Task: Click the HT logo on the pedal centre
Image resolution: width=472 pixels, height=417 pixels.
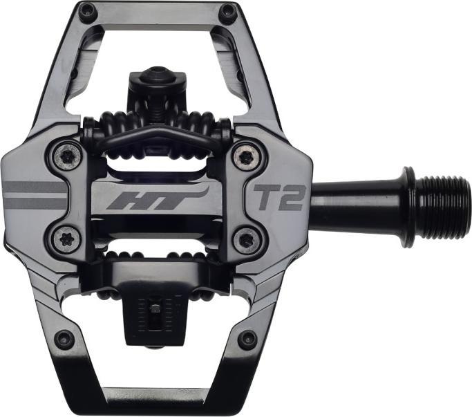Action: click(x=157, y=199)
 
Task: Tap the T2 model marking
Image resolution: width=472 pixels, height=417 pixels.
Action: click(x=279, y=198)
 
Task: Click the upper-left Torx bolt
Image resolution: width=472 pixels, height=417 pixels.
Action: click(x=68, y=157)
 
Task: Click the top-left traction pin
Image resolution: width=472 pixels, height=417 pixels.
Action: click(x=88, y=11)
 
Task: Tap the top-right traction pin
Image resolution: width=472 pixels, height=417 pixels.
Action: click(x=226, y=11)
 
